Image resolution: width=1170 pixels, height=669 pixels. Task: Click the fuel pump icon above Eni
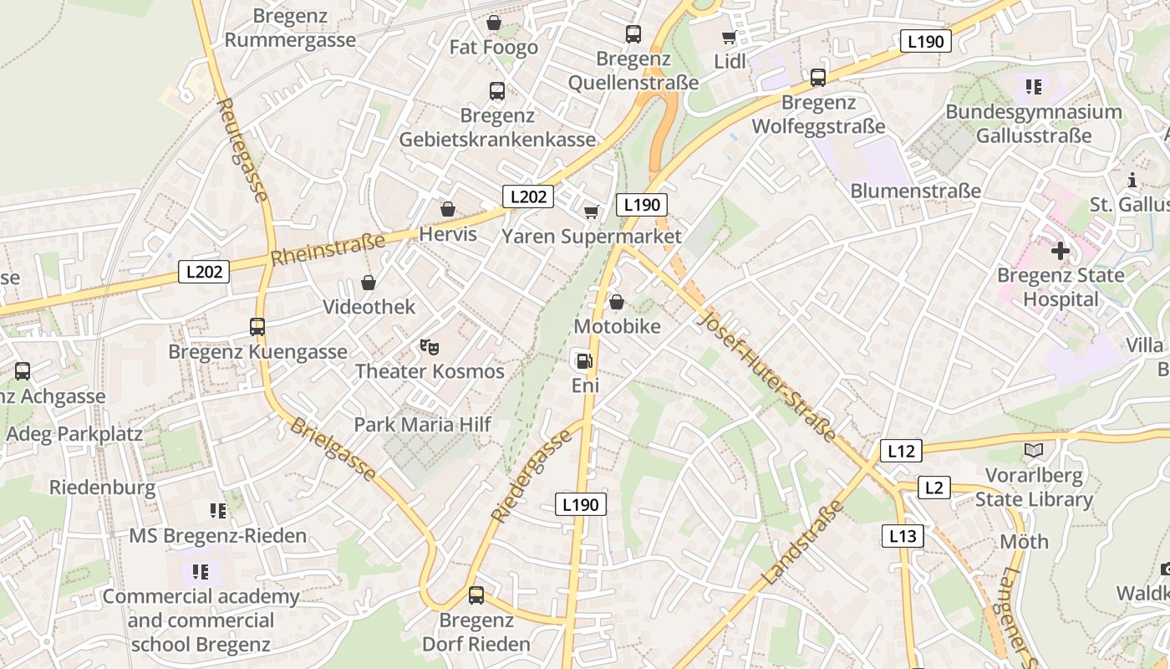[x=584, y=360]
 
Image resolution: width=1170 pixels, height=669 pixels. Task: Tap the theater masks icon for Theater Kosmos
[x=429, y=346]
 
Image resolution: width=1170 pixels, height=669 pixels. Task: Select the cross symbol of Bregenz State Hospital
[x=1060, y=250]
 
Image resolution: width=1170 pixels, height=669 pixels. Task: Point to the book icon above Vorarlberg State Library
[x=1034, y=451]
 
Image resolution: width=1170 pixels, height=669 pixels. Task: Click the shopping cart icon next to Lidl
[x=729, y=37]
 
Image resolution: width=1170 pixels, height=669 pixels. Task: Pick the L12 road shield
[x=901, y=452]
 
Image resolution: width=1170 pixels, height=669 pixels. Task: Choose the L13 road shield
[x=903, y=536]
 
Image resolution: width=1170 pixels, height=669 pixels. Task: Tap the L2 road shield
[x=934, y=488]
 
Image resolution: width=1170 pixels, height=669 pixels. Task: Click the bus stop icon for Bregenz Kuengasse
[x=257, y=327]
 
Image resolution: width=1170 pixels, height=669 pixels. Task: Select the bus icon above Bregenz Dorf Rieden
[x=476, y=595]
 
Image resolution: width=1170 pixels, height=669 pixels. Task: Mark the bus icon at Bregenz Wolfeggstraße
[x=818, y=78]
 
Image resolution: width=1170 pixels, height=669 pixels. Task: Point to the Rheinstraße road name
[x=328, y=249]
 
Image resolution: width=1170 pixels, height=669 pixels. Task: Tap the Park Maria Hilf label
[x=422, y=424]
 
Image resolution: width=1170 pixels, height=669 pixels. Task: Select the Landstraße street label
[x=801, y=546]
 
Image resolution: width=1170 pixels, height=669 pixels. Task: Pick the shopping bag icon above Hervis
[x=448, y=209]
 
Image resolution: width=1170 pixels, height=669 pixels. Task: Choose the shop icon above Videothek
[x=369, y=283]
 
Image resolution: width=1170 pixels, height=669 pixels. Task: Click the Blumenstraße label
[x=915, y=192]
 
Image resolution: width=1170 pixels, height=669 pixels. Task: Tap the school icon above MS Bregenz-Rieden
[x=218, y=510]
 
